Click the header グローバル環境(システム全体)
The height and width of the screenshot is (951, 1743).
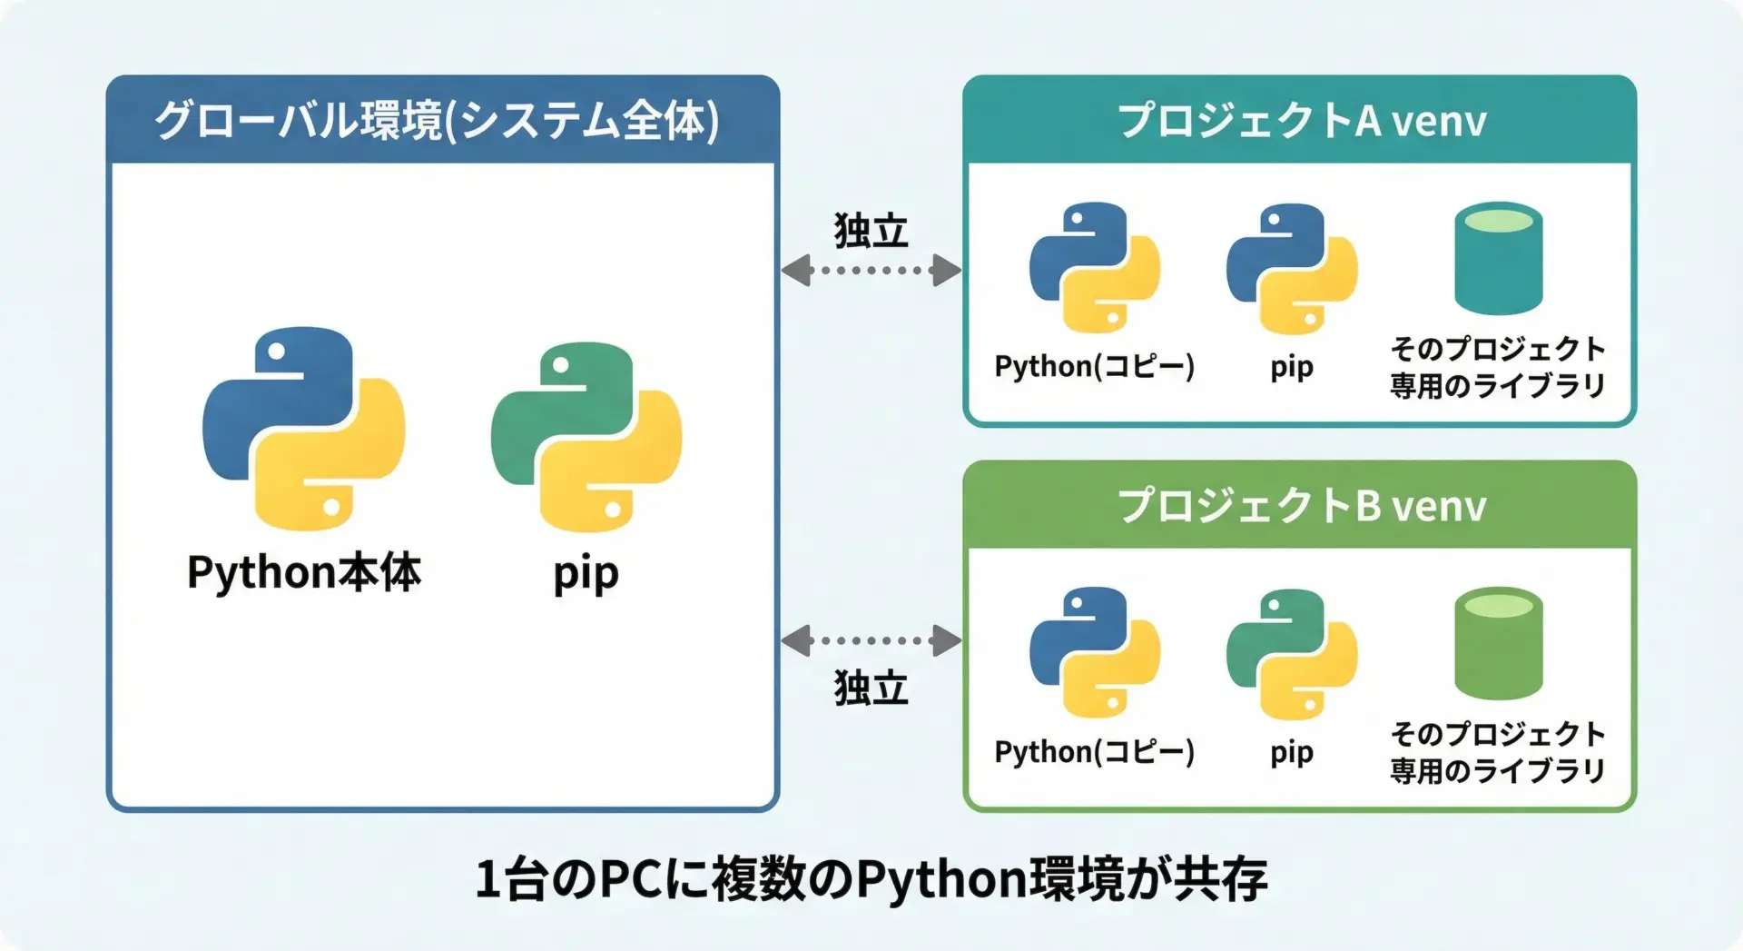point(437,120)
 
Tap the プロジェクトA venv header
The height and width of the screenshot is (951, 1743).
point(1301,120)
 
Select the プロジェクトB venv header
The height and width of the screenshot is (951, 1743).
point(1301,505)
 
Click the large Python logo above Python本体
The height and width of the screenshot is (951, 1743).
point(303,428)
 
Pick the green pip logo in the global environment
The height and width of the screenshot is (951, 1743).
point(586,436)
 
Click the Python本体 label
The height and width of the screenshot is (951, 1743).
point(303,573)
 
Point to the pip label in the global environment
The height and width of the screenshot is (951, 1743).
point(586,574)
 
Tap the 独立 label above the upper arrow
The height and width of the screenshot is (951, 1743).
point(871,231)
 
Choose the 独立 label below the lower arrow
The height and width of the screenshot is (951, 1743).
point(871,688)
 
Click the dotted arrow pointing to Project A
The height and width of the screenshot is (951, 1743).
point(871,270)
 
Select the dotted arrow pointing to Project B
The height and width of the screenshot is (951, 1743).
point(871,640)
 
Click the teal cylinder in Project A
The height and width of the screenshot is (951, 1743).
point(1498,258)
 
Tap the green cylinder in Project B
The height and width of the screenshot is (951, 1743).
point(1498,643)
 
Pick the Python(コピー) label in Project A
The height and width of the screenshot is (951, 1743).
point(1094,366)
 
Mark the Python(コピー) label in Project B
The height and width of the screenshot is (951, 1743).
point(1094,751)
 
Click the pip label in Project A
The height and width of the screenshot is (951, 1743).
point(1291,367)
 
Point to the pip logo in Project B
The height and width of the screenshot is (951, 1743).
point(1291,653)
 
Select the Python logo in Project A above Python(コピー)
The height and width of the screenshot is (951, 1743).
point(1094,267)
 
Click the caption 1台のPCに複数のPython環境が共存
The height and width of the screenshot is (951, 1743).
point(871,878)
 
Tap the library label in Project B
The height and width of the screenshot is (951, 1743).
point(1498,752)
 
